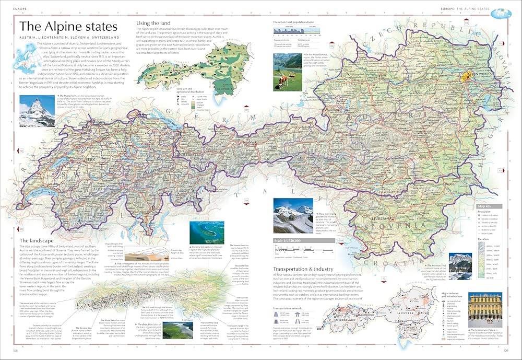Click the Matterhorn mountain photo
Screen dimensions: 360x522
[x=37, y=111]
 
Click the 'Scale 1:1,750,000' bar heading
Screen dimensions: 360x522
[x=288, y=241]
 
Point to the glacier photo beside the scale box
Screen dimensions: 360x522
[x=292, y=216]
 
